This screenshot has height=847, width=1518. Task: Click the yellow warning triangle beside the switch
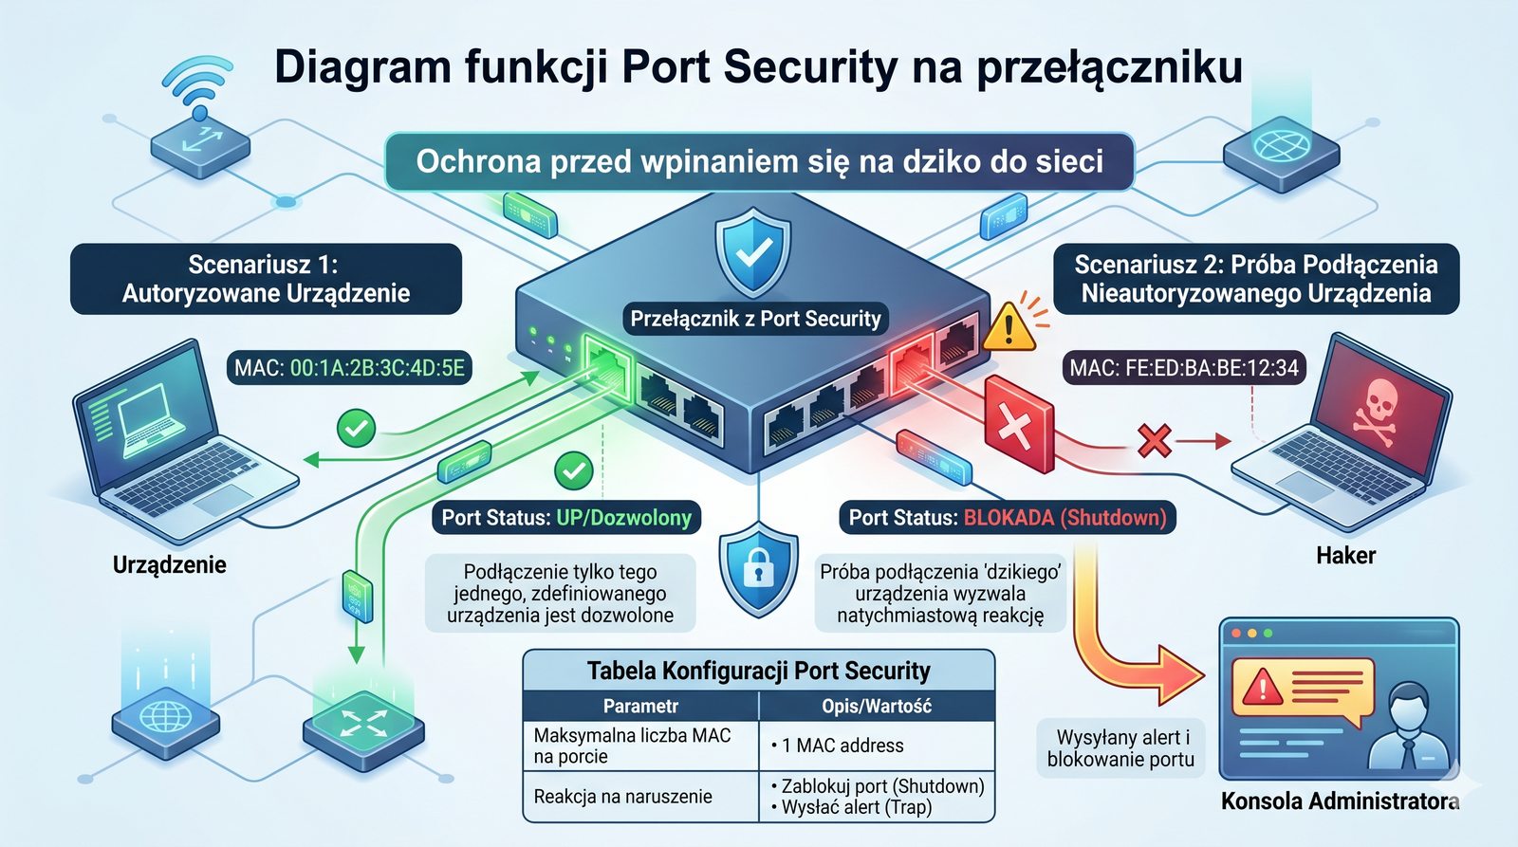click(1009, 327)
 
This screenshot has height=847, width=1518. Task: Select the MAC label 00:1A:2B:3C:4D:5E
click(349, 368)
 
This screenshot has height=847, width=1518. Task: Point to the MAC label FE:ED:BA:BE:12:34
click(1183, 368)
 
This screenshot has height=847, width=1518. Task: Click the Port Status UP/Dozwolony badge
click(566, 518)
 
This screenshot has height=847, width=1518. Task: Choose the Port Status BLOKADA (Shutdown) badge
click(1007, 518)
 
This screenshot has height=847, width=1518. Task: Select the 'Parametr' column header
click(640, 706)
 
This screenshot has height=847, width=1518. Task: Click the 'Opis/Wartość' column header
click(876, 706)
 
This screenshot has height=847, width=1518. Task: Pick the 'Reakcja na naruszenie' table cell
click(622, 797)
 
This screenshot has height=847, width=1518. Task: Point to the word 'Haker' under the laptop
click(1345, 556)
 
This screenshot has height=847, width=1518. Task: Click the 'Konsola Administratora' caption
click(1340, 801)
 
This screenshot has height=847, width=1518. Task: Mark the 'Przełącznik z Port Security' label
click(755, 319)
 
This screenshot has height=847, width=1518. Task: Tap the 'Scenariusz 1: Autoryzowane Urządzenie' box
click(266, 279)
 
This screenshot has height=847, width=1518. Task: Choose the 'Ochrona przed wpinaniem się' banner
click(759, 161)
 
